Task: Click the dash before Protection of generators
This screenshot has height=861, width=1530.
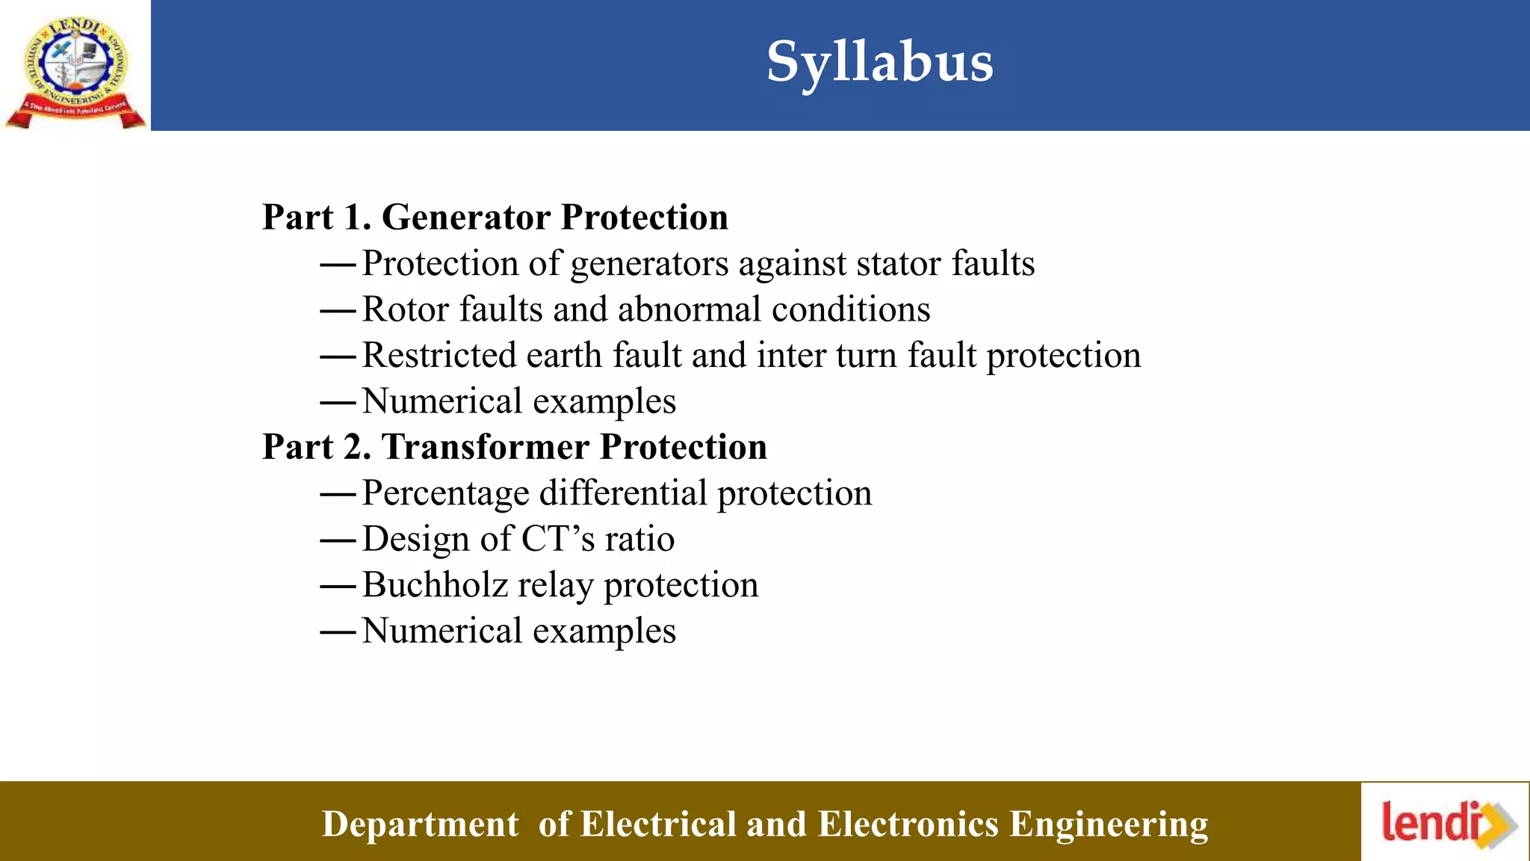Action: [338, 265]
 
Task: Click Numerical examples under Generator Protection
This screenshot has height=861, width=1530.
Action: [518, 401]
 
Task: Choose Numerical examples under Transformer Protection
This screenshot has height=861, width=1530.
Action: [518, 631]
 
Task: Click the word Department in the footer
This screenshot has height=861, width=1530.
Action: [420, 824]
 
